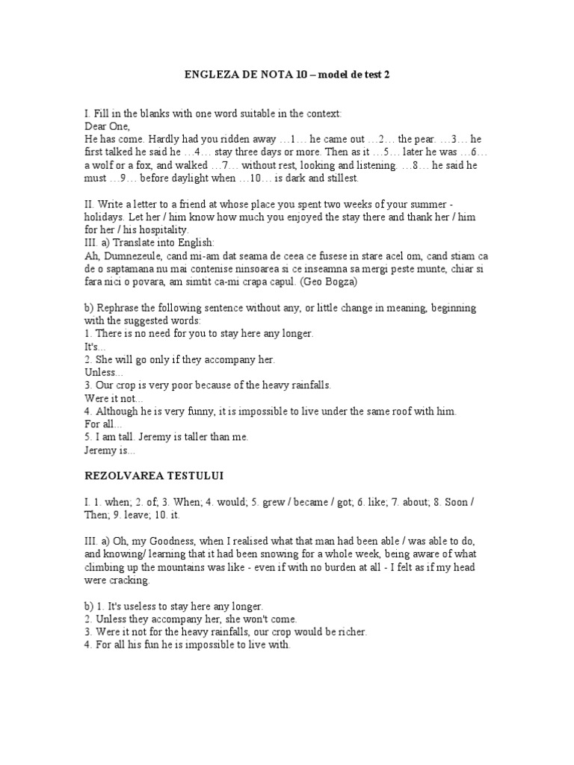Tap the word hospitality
pyautogui.click(x=165, y=229)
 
